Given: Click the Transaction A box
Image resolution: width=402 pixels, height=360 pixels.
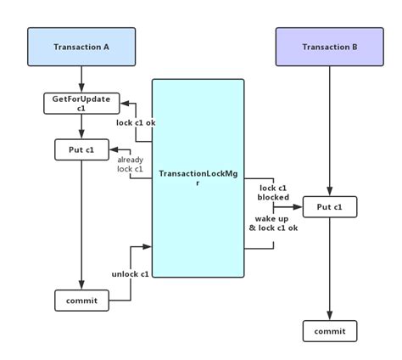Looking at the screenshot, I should pyautogui.click(x=81, y=47).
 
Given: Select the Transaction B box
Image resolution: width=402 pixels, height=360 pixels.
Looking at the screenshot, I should pyautogui.click(x=329, y=47).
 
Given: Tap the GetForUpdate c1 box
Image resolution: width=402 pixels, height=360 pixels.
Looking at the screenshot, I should pyautogui.click(x=81, y=104).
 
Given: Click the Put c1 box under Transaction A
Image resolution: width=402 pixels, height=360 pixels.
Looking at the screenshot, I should pyautogui.click(x=81, y=150).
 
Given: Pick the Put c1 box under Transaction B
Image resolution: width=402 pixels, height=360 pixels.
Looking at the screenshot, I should pyautogui.click(x=329, y=206).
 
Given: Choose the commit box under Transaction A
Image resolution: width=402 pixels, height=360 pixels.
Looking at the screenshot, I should pyautogui.click(x=81, y=301).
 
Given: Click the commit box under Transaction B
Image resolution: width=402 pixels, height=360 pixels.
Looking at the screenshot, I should pyautogui.click(x=329, y=330).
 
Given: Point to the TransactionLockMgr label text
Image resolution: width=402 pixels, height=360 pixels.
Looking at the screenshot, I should pyautogui.click(x=198, y=177).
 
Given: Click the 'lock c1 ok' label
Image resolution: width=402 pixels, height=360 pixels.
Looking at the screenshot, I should pyautogui.click(x=136, y=122).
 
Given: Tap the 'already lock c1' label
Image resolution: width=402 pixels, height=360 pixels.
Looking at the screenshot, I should pyautogui.click(x=130, y=164).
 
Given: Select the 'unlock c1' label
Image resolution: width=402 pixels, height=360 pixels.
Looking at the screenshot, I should pyautogui.click(x=130, y=273).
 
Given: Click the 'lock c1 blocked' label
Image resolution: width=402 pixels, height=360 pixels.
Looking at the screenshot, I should pyautogui.click(x=274, y=192).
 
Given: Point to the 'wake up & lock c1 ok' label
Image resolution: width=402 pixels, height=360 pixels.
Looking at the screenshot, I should pyautogui.click(x=274, y=223).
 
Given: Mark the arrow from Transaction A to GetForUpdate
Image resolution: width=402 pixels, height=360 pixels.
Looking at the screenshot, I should pyautogui.click(x=81, y=80).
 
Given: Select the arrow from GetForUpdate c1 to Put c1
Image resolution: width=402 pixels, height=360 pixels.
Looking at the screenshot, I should pyautogui.click(x=81, y=127).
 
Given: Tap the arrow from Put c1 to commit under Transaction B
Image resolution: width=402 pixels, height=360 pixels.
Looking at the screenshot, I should pyautogui.click(x=329, y=267).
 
